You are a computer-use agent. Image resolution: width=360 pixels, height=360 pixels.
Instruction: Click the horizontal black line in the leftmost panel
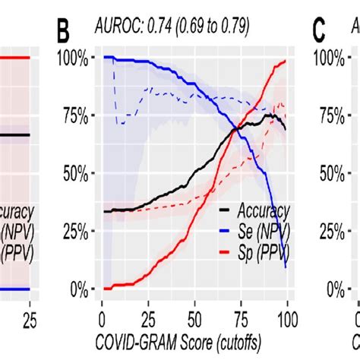pos(15,135)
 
